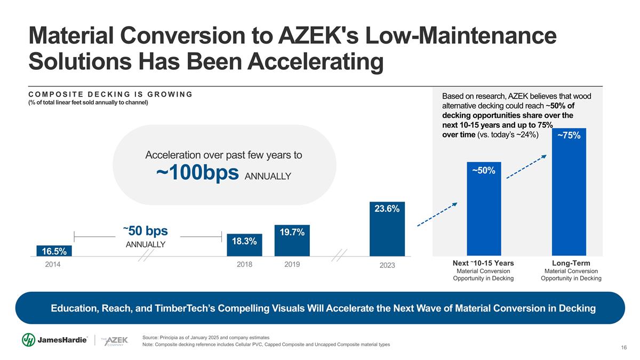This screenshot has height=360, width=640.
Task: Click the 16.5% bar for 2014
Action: [x=54, y=251]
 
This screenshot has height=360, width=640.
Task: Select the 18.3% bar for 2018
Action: [x=244, y=245]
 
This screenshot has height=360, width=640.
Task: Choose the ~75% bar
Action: [x=569, y=192]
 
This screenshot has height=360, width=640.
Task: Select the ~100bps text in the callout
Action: [x=197, y=173]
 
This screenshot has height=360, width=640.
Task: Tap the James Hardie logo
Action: [x=55, y=340]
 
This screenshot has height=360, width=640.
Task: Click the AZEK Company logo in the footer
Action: [x=113, y=341]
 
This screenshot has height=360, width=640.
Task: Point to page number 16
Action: [x=623, y=348]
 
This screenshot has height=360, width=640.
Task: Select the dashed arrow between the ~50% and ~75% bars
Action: [x=526, y=166]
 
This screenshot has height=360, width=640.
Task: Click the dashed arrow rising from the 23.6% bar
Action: [x=437, y=214]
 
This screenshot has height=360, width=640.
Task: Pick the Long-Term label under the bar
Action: [x=571, y=263]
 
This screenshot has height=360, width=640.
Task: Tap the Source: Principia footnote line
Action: [x=206, y=338]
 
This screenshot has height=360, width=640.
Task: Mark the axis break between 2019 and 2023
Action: [x=339, y=255]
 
